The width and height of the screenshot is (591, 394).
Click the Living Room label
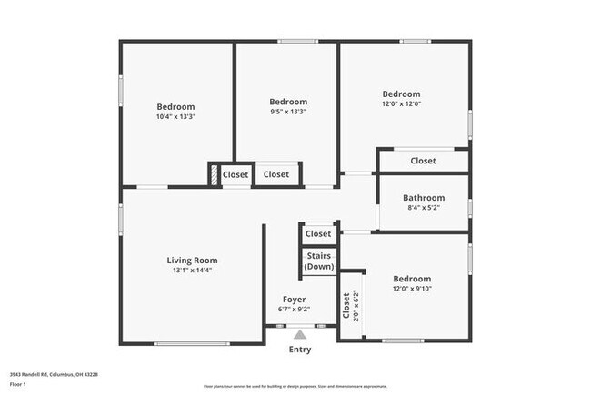point(192,261)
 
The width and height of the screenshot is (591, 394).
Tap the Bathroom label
point(424,198)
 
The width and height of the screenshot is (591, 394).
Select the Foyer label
point(294,300)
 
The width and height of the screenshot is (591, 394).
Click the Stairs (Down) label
point(318,261)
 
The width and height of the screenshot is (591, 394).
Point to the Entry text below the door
point(299,350)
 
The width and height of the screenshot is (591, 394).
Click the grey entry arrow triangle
point(299,335)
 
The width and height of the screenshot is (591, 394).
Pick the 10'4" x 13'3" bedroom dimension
point(175,117)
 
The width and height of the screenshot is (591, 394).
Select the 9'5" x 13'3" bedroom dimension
point(288,113)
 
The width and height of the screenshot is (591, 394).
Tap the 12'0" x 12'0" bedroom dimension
point(401,104)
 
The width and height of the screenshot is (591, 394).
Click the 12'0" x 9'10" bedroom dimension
point(412,290)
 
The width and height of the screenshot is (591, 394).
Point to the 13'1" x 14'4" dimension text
point(192,271)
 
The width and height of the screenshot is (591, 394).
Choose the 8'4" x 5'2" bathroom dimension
point(424,208)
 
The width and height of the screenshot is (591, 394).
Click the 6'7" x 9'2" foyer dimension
point(294,310)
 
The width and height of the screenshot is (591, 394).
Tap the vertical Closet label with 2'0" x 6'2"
point(349,307)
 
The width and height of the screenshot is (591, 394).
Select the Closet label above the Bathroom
point(423,161)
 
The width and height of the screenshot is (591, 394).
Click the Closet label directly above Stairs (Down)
point(318,234)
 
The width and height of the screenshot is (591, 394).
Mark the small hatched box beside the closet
point(214,174)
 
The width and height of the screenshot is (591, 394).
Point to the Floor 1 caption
point(17,384)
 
